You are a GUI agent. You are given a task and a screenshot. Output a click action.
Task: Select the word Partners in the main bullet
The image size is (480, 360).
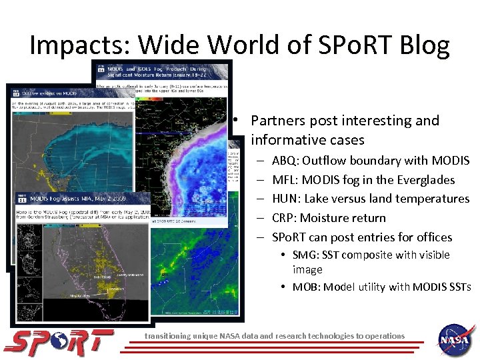tap(279, 121)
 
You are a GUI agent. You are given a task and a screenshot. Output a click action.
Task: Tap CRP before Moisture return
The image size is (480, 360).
tap(285, 218)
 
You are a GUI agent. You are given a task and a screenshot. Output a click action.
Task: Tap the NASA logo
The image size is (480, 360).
tap(456, 340)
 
